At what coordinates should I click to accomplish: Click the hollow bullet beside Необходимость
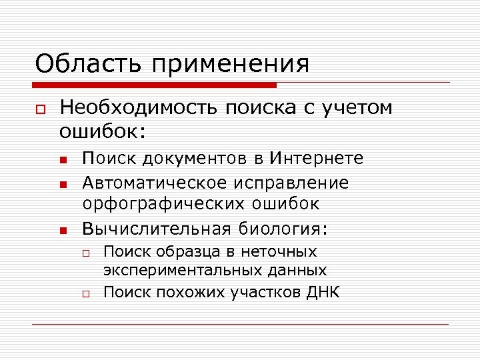(x=41, y=109)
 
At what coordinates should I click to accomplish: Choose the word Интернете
(x=317, y=159)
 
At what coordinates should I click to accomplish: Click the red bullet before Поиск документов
(x=61, y=160)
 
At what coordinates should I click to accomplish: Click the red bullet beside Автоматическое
(x=61, y=183)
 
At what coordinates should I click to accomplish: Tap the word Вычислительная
(x=154, y=229)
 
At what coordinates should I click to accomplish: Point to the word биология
(x=279, y=230)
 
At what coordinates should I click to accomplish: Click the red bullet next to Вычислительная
(x=61, y=231)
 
